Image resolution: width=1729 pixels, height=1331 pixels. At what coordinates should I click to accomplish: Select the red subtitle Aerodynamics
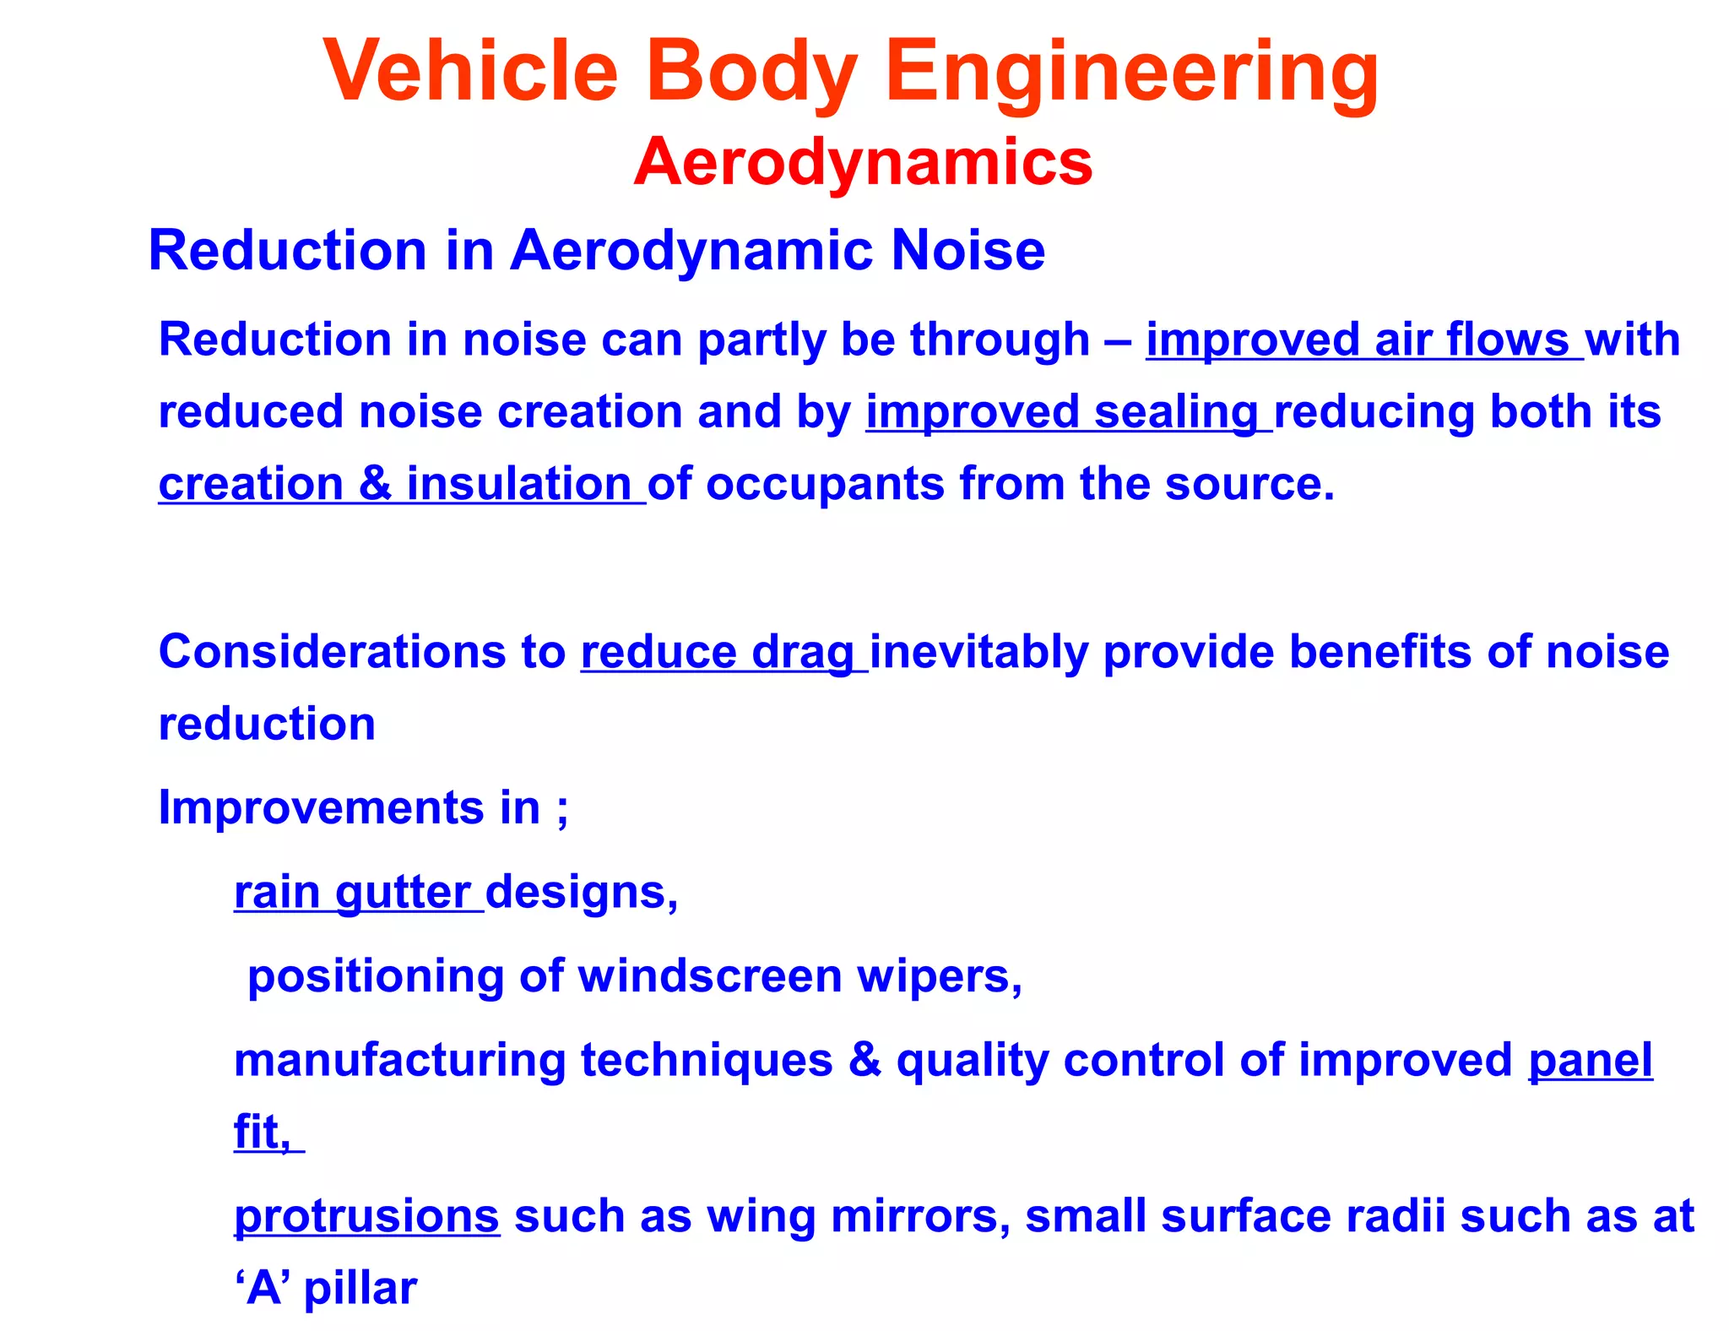pos(863,161)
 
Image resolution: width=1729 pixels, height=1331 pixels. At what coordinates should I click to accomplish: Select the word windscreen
pos(710,976)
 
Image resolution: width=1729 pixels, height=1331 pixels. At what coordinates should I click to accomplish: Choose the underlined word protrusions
pos(366,1216)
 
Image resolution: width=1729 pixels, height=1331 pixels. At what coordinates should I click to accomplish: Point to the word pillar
pos(360,1289)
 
